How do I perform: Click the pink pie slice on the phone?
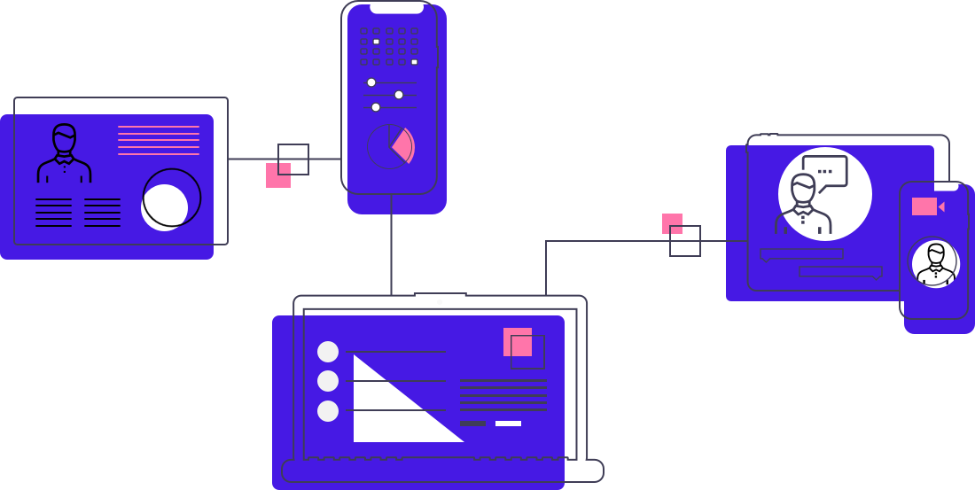[403, 144]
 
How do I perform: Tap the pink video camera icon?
[925, 206]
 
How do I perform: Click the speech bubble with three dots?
[824, 171]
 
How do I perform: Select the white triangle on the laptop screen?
[390, 408]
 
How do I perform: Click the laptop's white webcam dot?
[440, 302]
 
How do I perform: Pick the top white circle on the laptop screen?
[328, 352]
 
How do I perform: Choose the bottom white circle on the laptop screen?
[328, 411]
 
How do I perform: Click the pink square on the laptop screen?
[517, 342]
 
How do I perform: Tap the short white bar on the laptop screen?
[508, 424]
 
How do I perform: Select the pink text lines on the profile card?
[159, 140]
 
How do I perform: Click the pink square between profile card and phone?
[277, 175]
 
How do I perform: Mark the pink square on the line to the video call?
[672, 223]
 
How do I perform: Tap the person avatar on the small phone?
[935, 263]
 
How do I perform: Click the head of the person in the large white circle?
[803, 189]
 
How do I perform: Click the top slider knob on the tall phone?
[371, 82]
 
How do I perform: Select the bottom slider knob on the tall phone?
[376, 107]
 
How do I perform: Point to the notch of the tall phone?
[396, 8]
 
